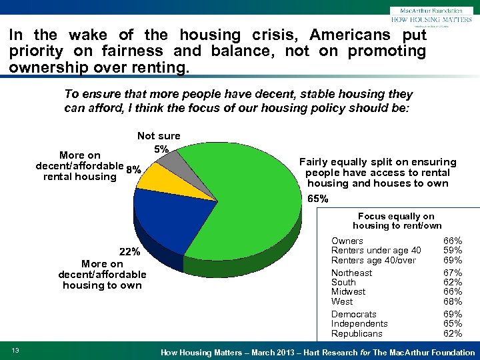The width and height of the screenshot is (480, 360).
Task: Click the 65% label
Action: pos(318,199)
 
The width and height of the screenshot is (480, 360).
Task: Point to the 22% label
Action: pos(129,252)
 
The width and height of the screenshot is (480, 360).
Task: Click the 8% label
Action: pos(133,170)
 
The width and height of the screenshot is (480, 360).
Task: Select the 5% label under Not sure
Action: pos(161,149)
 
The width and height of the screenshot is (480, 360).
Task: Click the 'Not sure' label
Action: pos(159,136)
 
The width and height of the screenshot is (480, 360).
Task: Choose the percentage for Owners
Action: pos(453,241)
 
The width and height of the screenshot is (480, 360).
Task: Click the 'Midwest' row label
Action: pos(348,292)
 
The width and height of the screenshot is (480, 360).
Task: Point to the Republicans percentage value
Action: pos(453,333)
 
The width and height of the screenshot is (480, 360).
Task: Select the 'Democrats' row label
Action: pos(353,314)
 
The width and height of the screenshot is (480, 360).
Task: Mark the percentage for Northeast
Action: pos(453,273)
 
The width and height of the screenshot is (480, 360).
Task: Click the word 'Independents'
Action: pos(359,323)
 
